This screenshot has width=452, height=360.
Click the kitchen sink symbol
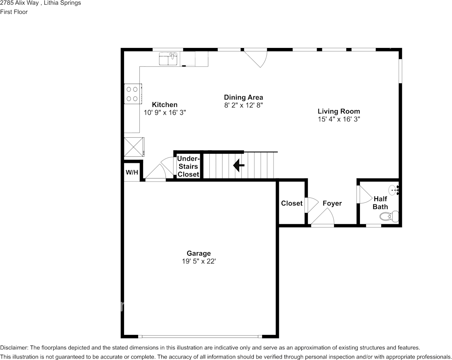click(x=168, y=59)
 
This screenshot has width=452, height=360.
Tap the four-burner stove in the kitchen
click(x=133, y=94)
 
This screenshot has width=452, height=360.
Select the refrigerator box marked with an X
click(x=134, y=147)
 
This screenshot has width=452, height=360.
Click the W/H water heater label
click(x=132, y=173)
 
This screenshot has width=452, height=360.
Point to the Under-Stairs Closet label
click(x=188, y=166)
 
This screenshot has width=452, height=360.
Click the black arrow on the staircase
click(x=239, y=166)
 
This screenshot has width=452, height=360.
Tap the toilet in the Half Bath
click(x=389, y=216)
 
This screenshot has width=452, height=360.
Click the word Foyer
click(x=332, y=203)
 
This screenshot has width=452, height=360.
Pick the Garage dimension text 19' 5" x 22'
click(x=199, y=261)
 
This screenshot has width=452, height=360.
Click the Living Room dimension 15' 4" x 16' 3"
click(x=339, y=119)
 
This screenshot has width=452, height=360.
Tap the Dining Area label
click(x=244, y=97)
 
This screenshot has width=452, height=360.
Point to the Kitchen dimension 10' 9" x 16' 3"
click(x=165, y=112)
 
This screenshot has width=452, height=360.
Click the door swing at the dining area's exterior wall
click(x=256, y=59)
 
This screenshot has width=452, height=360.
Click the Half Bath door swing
click(x=365, y=194)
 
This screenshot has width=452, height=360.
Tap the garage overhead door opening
click(x=200, y=336)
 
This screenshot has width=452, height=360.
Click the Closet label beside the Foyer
click(x=292, y=203)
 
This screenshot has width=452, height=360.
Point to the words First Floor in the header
click(x=14, y=12)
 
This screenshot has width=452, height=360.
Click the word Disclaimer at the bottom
click(x=14, y=347)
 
